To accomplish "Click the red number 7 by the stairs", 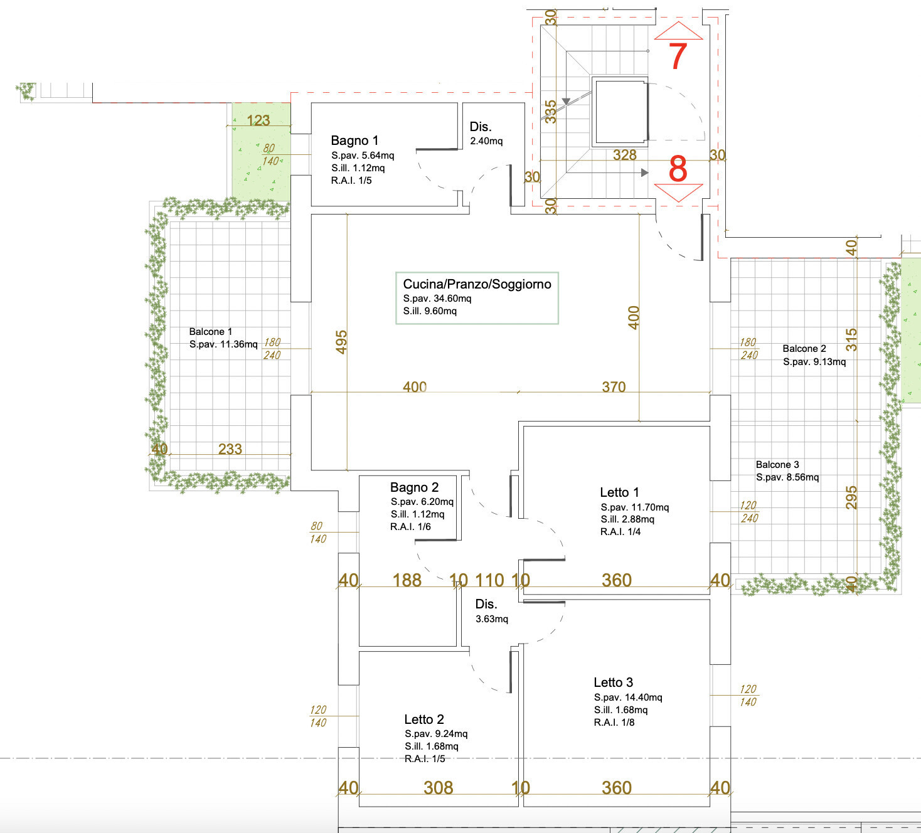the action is point(678,56).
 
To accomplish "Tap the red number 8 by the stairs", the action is point(678,169).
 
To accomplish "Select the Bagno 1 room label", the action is point(354,141).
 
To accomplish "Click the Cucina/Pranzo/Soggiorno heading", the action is point(477,284).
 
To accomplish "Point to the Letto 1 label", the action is point(619,492).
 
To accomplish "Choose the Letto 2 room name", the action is point(423,719).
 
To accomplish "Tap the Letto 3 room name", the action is point(614,682).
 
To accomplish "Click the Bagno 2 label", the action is point(414,487).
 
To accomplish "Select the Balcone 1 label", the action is point(211,332).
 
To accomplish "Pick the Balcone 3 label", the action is point(778,464).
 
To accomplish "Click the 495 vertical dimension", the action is point(341,342).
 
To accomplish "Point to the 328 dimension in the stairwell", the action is point(624,155).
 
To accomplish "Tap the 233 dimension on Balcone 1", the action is point(230,448).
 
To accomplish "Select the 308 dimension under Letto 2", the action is point(438,788).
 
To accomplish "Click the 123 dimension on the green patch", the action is point(258,120).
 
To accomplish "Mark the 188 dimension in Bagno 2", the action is point(407,580).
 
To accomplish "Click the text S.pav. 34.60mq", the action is point(437,299).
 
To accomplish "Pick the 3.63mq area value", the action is point(492,619).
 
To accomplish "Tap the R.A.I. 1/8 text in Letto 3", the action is point(614,723).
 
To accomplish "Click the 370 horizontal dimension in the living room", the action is point(614,386).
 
